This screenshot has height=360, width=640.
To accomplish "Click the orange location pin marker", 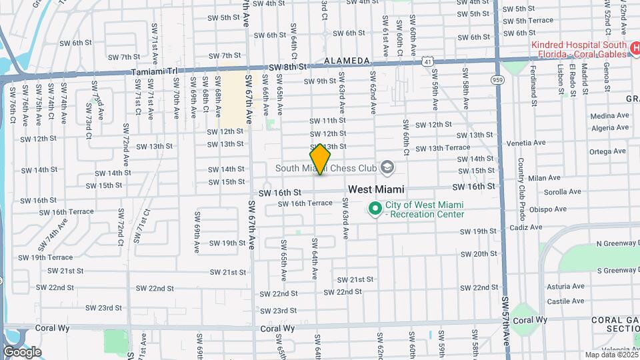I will click(x=321, y=159).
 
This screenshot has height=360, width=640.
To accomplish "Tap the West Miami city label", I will click(x=376, y=190).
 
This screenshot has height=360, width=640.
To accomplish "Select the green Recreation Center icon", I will click(x=375, y=209).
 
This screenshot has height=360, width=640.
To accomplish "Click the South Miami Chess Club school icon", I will click(x=387, y=167).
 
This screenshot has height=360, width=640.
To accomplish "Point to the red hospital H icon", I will click(x=634, y=51).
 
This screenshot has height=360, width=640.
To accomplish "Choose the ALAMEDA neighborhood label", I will click(x=347, y=61).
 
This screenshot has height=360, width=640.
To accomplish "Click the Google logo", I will click(x=22, y=352).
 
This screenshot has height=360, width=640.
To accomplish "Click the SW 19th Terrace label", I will click(x=45, y=257).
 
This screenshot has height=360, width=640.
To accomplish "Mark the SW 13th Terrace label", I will click(x=443, y=148).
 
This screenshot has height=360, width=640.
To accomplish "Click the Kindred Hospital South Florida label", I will click(x=578, y=50).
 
